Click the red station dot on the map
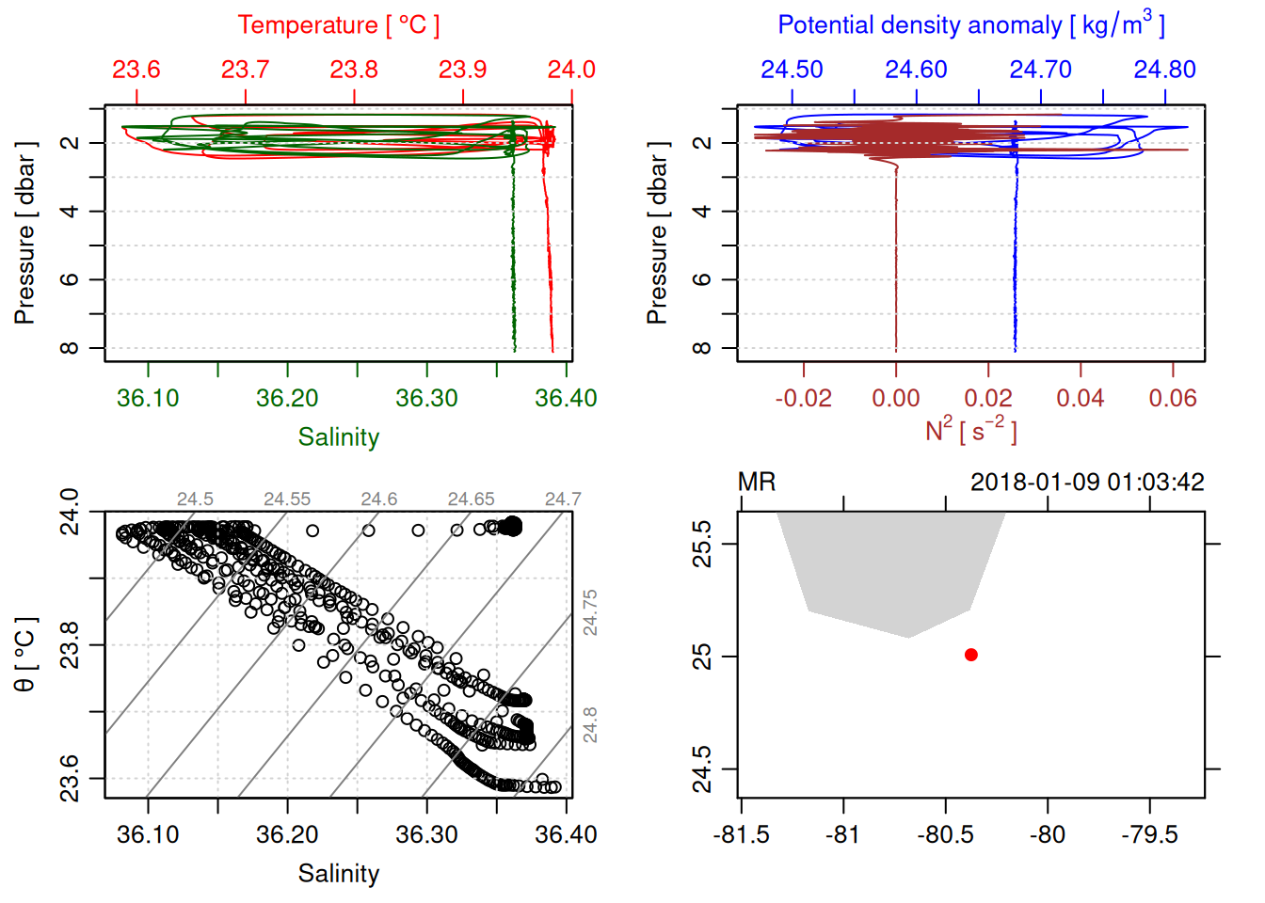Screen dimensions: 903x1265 pos(970,655)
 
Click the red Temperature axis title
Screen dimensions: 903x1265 pos(338,25)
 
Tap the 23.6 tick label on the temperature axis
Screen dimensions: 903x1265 pos(136,70)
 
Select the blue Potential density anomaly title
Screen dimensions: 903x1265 pos(970,25)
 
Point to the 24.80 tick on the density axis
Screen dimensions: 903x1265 pos(1164,70)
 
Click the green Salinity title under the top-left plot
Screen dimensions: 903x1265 pos(338,437)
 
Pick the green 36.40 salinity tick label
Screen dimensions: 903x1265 pos(566,398)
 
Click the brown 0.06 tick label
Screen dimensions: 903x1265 pos(1172,398)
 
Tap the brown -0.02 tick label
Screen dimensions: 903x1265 pos(803,398)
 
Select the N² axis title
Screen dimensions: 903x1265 pos(970,430)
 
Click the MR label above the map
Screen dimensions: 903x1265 pos(757,483)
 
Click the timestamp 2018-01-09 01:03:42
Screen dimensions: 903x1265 pos(1087,483)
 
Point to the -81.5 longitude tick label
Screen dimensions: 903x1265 pos(742,834)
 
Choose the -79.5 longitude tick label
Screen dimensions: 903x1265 pos(1149,834)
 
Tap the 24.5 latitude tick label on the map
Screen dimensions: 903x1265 pos(702,769)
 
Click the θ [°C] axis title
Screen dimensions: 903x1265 pos(25,655)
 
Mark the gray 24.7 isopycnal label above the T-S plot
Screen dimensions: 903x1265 pos(563,499)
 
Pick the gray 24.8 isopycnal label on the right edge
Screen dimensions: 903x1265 pos(590,725)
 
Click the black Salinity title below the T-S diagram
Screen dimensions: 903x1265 pos(338,874)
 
